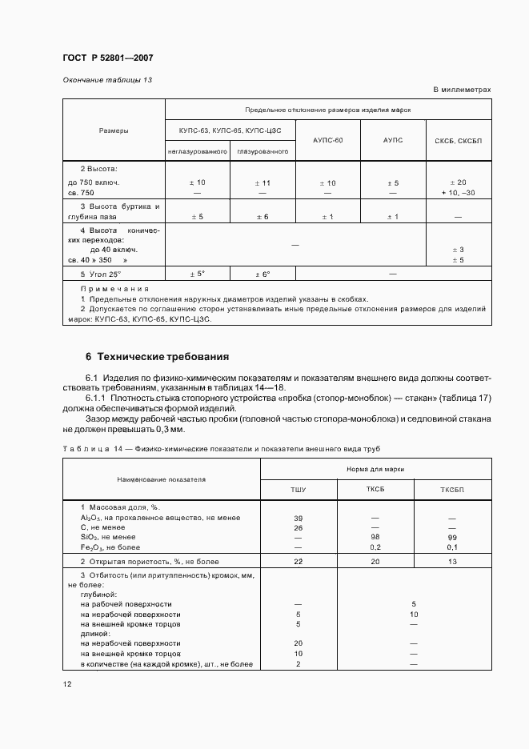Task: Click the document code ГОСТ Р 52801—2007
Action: tap(107, 58)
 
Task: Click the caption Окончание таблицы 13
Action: tap(107, 80)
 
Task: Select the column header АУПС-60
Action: tap(328, 140)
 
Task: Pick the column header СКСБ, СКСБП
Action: tap(459, 140)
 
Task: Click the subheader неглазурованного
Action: tap(198, 151)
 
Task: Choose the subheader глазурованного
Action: tap(262, 151)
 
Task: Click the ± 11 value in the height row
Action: tap(262, 183)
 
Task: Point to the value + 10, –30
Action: tap(459, 193)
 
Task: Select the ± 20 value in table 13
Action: tap(459, 183)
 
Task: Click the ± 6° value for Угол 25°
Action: tap(262, 274)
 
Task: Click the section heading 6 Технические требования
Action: tap(146, 356)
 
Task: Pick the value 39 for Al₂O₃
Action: tap(298, 518)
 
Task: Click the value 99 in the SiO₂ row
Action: tap(453, 537)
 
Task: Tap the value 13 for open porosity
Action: tap(453, 561)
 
